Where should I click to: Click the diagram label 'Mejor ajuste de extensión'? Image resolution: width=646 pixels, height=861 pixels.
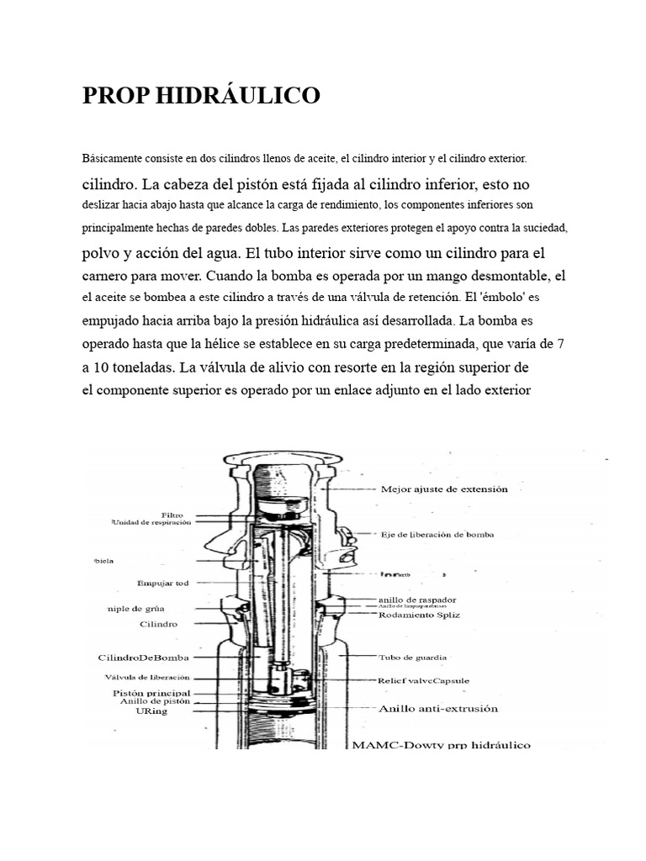pos(444,489)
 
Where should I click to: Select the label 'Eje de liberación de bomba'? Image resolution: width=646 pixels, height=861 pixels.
pos(437,534)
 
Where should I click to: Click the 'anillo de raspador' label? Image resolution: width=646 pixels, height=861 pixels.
pos(417,599)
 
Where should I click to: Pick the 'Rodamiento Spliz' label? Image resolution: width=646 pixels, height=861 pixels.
pos(418,615)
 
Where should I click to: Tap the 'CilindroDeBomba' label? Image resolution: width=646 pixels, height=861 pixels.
pos(142,657)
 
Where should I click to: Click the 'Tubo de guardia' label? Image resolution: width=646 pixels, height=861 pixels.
pos(413,657)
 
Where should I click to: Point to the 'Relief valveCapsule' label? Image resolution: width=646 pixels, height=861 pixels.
pos(423,679)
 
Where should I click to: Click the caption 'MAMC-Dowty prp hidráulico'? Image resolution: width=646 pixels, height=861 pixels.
pos(442,745)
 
